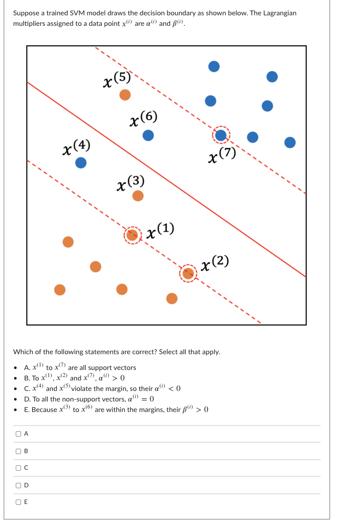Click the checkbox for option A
click(18, 434)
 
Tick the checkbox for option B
click(18, 451)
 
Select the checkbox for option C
click(18, 468)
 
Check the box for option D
click(18, 485)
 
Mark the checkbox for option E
click(18, 502)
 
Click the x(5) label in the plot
click(116, 80)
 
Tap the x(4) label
click(76, 146)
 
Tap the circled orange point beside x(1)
click(132, 235)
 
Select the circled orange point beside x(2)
click(188, 273)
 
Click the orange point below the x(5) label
click(125, 95)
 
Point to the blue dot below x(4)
click(81, 163)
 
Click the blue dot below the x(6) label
click(148, 136)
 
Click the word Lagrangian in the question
click(279, 13)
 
